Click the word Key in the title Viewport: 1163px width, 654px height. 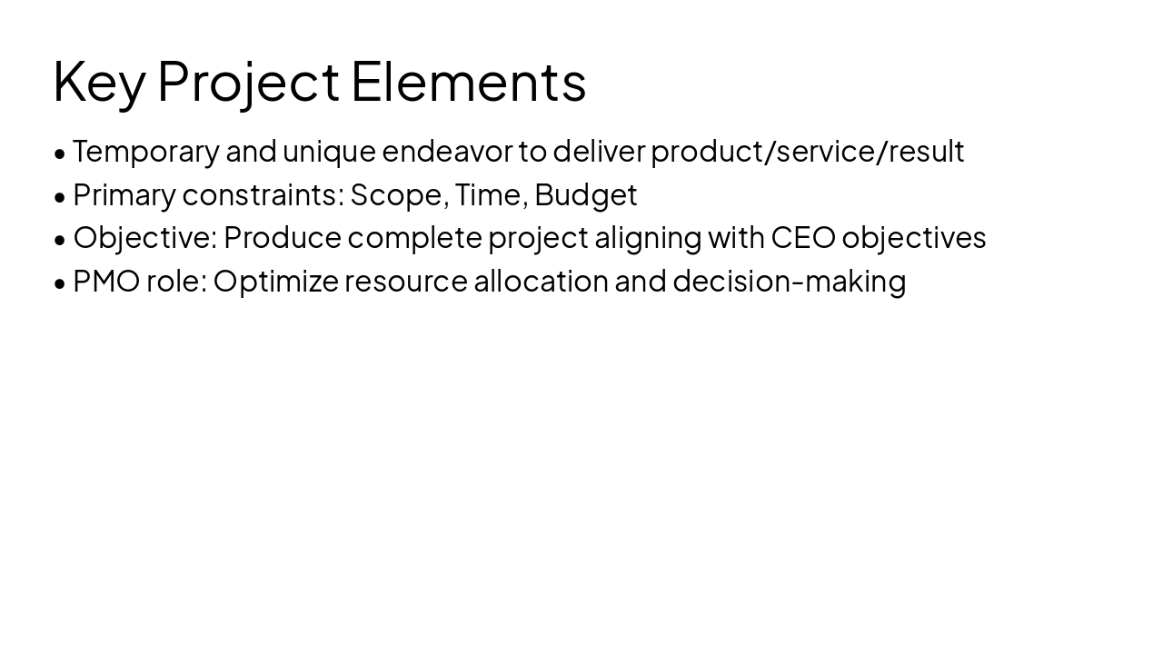click(98, 82)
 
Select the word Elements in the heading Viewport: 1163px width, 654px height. click(468, 81)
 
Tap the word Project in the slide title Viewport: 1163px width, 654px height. click(248, 82)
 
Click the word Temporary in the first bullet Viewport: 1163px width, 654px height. click(146, 152)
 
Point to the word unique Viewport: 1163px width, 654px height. click(329, 152)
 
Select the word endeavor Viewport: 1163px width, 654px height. click(447, 152)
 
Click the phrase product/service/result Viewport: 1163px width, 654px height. click(807, 152)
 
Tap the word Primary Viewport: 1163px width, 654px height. click(124, 194)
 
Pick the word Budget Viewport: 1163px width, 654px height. click(586, 194)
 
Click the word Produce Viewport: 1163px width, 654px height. click(283, 238)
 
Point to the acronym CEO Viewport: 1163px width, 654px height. click(803, 238)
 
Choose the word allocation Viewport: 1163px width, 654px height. click(542, 282)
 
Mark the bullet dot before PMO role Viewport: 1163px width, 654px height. click(60, 282)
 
